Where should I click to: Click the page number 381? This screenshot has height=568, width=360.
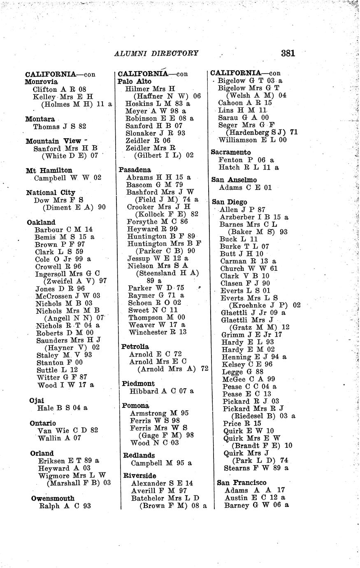[288, 53]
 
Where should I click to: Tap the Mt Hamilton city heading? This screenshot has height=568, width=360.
[49, 170]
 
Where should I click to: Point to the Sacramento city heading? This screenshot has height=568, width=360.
[230, 152]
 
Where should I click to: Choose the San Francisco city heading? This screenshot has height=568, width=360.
[242, 482]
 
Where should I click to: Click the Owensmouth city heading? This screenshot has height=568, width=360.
[53, 498]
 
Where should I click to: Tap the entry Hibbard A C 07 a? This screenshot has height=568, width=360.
[162, 391]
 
